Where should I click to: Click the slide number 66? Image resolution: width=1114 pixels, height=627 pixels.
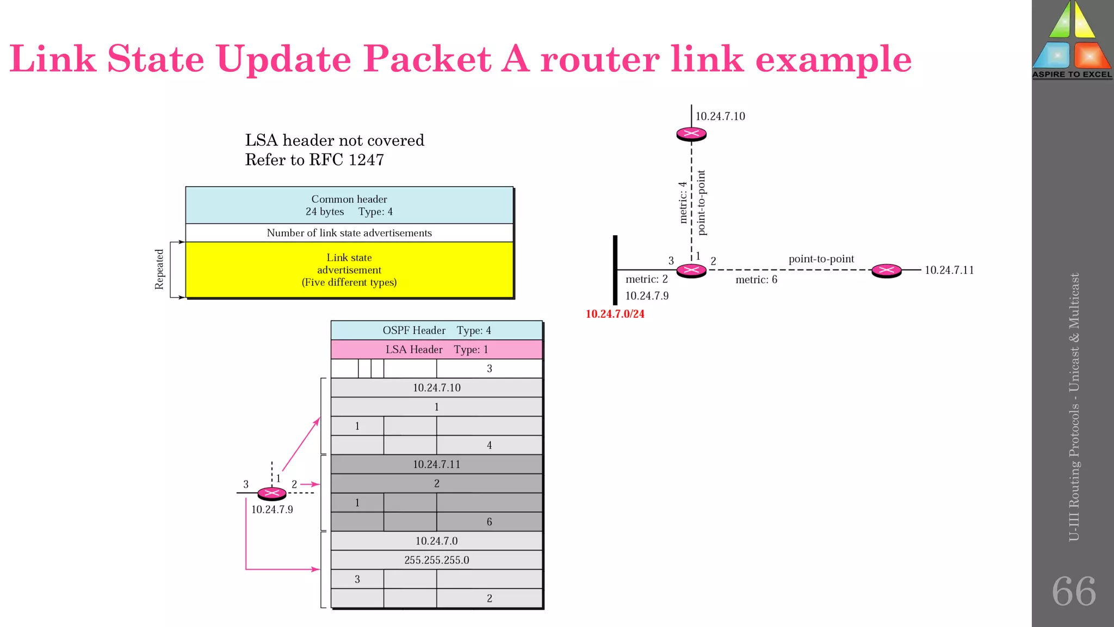(1073, 592)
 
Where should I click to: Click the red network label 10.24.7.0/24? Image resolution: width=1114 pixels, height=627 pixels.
(615, 314)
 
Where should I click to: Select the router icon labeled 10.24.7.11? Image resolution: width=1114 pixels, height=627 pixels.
(886, 270)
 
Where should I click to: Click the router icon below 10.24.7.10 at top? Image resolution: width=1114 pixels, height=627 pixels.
(691, 134)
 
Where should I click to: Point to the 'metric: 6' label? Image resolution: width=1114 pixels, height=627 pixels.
(756, 280)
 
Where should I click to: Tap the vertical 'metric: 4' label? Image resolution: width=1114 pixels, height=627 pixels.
(683, 202)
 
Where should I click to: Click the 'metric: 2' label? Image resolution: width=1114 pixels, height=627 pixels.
(646, 279)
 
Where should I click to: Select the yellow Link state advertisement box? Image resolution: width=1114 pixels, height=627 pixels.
(349, 270)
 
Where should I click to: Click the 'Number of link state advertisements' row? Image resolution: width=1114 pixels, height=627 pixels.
(349, 233)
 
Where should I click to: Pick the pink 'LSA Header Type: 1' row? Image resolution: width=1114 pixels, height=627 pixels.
(436, 349)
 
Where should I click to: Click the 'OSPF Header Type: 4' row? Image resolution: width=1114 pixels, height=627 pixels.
(436, 330)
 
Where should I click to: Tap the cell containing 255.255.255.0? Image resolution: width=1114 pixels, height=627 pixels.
(436, 560)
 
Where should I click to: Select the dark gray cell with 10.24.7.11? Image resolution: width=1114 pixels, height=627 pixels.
(436, 464)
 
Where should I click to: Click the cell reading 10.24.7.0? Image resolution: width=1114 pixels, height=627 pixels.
(436, 541)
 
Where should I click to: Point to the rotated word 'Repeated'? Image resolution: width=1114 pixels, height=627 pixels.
(159, 269)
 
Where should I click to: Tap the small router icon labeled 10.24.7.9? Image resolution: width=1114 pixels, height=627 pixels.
(271, 493)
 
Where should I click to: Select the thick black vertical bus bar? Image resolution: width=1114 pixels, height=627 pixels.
(615, 270)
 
